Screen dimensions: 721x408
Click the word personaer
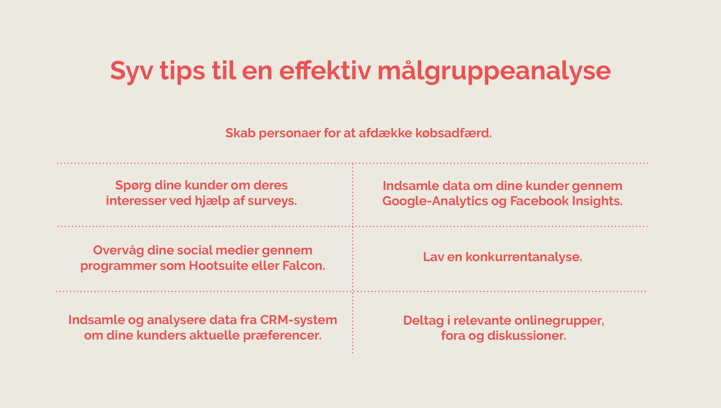click(x=290, y=134)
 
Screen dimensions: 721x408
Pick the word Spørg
click(x=133, y=186)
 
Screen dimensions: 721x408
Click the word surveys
click(x=272, y=201)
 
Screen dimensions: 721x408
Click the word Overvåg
click(x=118, y=251)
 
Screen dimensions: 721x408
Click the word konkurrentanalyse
click(x=524, y=257)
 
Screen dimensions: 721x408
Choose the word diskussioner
click(x=527, y=336)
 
